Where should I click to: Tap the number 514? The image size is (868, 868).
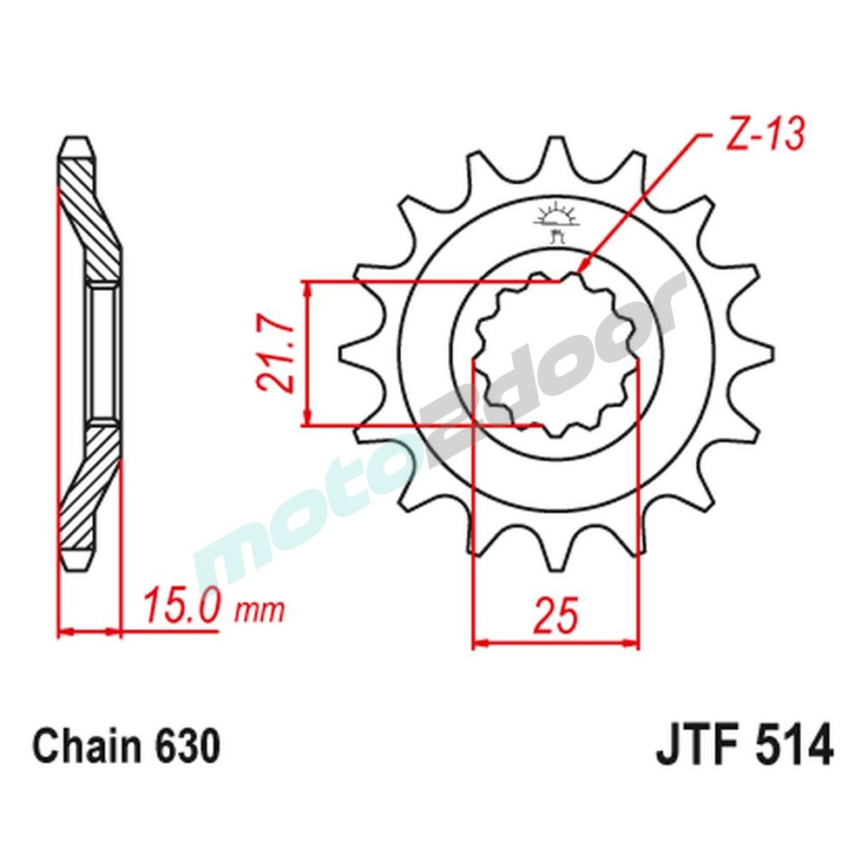[793, 747]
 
